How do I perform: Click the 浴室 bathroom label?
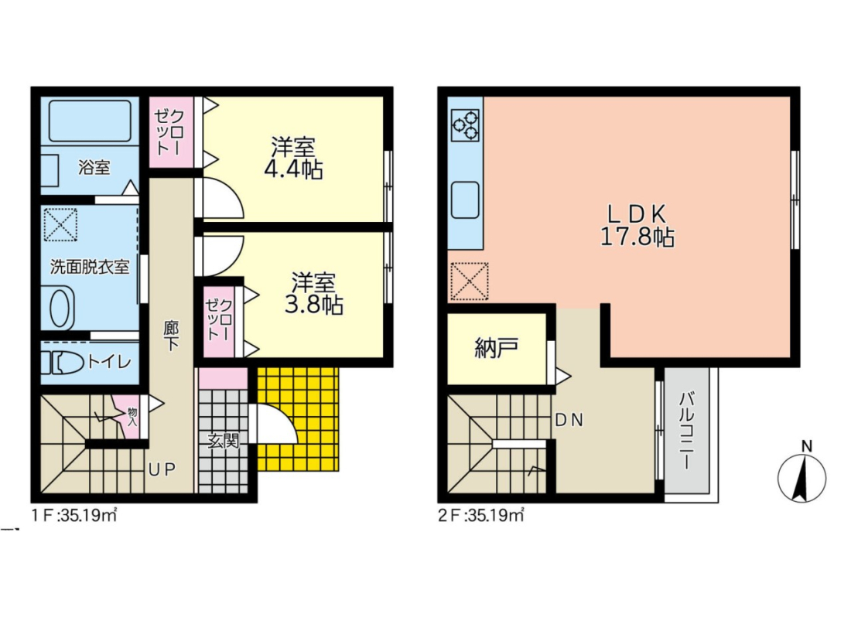click(x=94, y=167)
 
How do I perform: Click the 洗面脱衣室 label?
click(x=90, y=266)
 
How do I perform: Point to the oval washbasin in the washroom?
click(x=61, y=308)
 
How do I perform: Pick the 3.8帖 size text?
click(x=313, y=305)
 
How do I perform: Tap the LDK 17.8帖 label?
click(x=637, y=226)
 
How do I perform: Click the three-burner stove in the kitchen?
click(x=465, y=126)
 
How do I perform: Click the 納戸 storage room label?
click(x=497, y=347)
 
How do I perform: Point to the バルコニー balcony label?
click(x=686, y=432)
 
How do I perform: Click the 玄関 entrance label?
click(x=223, y=441)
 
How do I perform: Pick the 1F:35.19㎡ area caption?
click(x=74, y=515)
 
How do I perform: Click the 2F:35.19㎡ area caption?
click(x=481, y=515)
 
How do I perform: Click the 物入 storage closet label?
click(x=132, y=417)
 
